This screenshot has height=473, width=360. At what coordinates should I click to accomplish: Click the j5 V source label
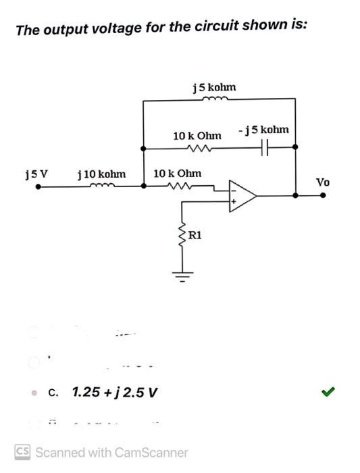pyautogui.click(x=36, y=174)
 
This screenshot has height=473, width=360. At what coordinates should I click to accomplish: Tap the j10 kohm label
pyautogui.click(x=102, y=174)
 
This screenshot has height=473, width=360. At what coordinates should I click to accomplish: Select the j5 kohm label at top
pyautogui.click(x=214, y=87)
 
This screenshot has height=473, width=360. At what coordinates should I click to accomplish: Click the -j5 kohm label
pyautogui.click(x=263, y=129)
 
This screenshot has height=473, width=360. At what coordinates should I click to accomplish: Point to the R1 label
pyautogui.click(x=194, y=236)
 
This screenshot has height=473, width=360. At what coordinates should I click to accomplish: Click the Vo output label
pyautogui.click(x=324, y=182)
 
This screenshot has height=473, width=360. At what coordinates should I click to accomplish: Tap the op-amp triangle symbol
pyautogui.click(x=242, y=195)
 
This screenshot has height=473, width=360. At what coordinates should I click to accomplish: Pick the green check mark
pyautogui.click(x=329, y=391)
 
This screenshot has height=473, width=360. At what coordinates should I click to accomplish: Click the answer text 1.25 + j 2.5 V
pyautogui.click(x=114, y=392)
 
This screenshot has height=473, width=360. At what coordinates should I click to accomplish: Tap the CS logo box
pyautogui.click(x=22, y=451)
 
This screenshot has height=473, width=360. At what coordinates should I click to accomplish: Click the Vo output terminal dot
pyautogui.click(x=323, y=195)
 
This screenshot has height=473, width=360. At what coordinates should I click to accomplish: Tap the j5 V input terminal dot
pyautogui.click(x=38, y=189)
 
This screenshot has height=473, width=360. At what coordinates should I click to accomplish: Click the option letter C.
pyautogui.click(x=54, y=393)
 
